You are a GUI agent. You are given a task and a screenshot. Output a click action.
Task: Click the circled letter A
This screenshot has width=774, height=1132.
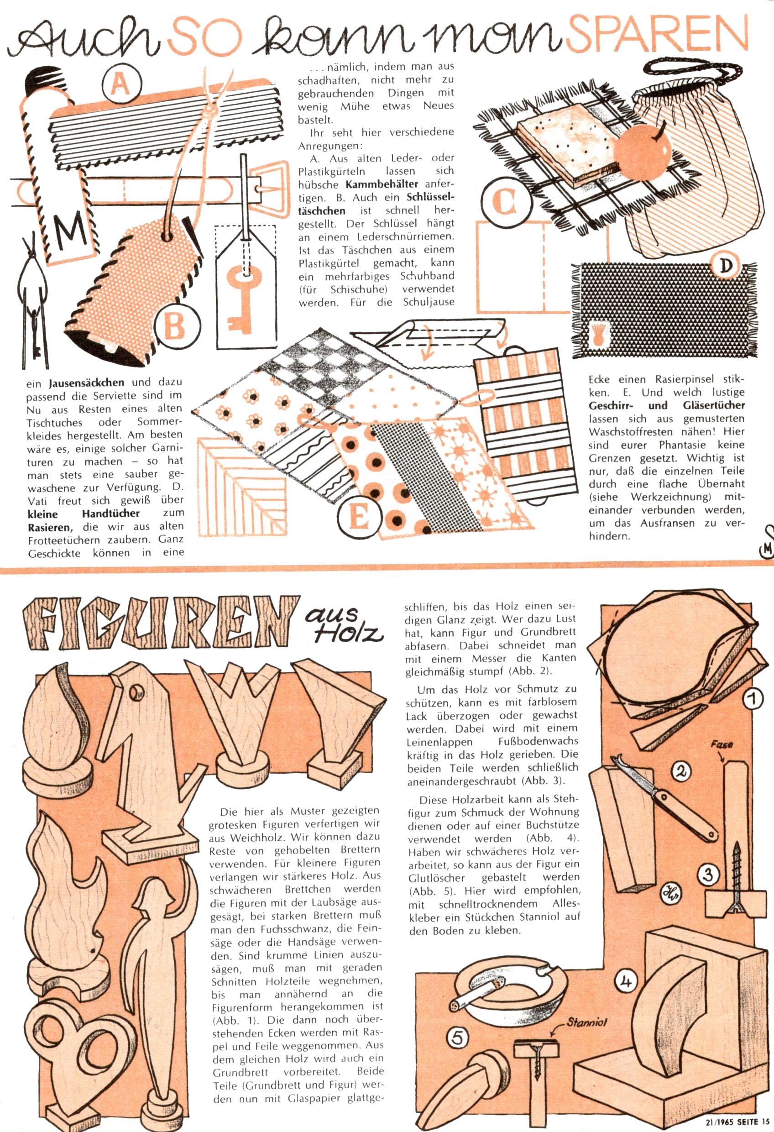point(121,84)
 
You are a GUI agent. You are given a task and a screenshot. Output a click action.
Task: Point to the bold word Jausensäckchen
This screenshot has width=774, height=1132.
point(87,383)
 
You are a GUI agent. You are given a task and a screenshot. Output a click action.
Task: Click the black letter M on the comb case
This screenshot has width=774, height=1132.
point(70,234)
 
